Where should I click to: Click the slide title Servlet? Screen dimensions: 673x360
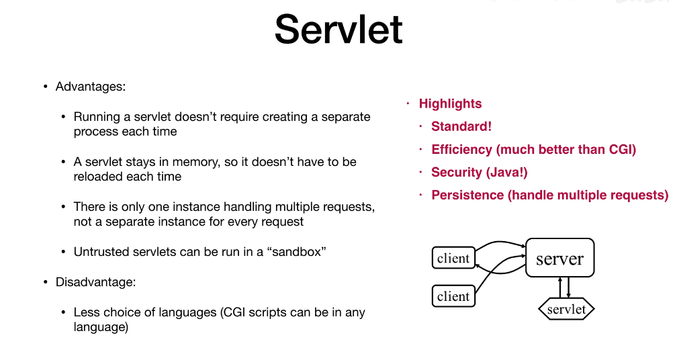tap(339, 29)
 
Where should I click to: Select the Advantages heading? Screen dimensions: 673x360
tap(91, 87)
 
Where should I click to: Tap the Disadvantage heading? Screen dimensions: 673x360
tap(96, 282)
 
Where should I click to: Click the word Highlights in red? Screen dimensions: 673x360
tap(450, 104)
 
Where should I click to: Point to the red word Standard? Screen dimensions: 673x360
tap(461, 126)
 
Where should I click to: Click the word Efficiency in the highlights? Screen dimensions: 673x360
tap(462, 149)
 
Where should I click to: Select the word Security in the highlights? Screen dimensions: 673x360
tap(457, 173)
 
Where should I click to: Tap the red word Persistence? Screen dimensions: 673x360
tap(467, 195)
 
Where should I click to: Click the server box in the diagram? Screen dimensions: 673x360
tap(560, 258)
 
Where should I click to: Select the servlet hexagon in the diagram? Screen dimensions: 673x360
tap(567, 309)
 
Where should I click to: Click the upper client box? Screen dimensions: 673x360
tap(453, 258)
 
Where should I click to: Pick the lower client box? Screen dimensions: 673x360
tap(453, 296)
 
